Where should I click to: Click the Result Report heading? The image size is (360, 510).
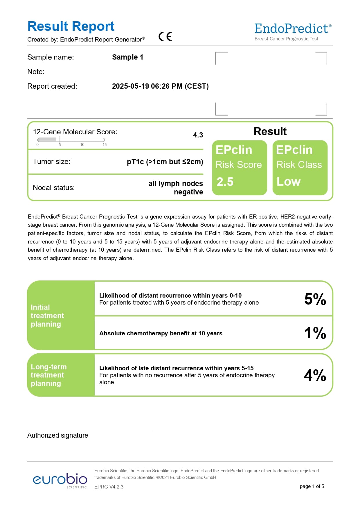click(71, 26)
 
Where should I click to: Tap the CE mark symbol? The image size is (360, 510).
click(165, 37)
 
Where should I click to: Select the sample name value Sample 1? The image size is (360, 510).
click(127, 57)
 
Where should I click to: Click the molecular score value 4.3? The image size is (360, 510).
click(198, 135)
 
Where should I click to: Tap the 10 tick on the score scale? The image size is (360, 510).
click(82, 144)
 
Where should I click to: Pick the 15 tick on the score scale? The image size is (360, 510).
click(105, 144)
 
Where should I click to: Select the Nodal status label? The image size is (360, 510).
click(54, 188)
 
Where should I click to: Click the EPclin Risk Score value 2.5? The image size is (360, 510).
click(225, 182)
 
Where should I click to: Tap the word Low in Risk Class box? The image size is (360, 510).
click(288, 182)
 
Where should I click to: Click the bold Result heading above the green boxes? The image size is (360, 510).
click(270, 131)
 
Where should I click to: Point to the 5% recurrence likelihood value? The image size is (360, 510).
click(315, 299)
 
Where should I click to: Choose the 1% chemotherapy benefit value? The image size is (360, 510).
click(315, 333)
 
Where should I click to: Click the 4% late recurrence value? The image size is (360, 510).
click(315, 375)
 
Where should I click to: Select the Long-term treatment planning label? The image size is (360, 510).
click(48, 375)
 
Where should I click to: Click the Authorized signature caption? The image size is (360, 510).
click(58, 435)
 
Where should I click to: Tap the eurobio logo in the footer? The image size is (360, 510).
click(60, 480)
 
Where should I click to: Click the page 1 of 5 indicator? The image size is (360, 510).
click(312, 486)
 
